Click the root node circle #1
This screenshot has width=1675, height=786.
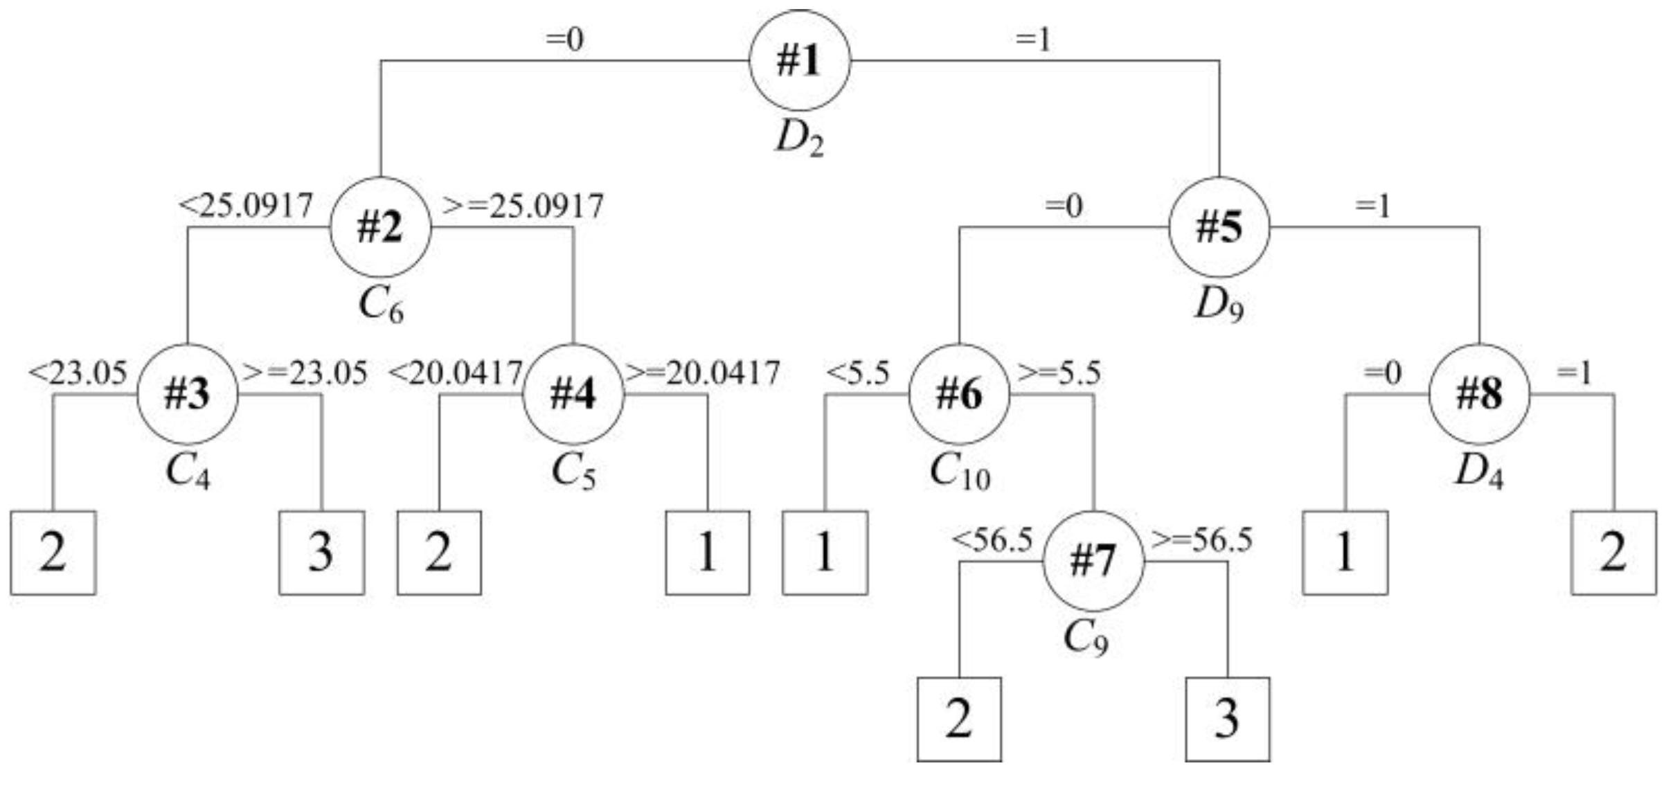click(x=800, y=60)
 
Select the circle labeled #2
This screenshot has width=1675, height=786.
click(x=380, y=227)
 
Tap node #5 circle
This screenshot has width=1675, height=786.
click(x=1219, y=227)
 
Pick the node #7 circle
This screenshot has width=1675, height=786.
click(x=1093, y=560)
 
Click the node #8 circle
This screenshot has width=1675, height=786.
click(x=1480, y=393)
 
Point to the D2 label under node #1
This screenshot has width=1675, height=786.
click(x=800, y=139)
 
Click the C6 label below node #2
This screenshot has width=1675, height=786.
click(x=380, y=305)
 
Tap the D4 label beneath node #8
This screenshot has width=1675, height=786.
click(x=1479, y=472)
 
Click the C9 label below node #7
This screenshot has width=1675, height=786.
click(x=1085, y=638)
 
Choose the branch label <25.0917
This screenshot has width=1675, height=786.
click(x=247, y=206)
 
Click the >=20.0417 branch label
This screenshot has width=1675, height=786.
click(x=702, y=373)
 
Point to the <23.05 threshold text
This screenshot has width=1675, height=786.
click(x=78, y=373)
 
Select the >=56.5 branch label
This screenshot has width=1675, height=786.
click(x=1201, y=539)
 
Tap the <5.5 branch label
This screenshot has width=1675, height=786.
click(x=858, y=373)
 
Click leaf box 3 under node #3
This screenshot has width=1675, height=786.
click(x=321, y=553)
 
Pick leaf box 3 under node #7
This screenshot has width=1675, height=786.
click(x=1227, y=719)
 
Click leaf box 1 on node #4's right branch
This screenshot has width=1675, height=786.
click(x=707, y=553)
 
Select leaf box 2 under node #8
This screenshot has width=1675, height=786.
click(x=1613, y=553)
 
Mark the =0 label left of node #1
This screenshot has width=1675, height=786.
click(x=565, y=39)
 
